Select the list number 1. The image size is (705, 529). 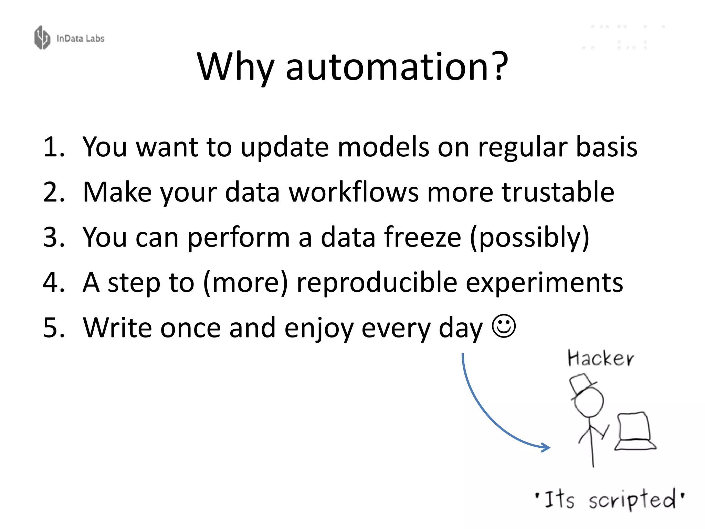pos(53,147)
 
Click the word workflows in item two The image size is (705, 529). pos(354,192)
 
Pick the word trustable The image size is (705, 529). pos(558,192)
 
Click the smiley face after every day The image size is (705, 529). pos(504,326)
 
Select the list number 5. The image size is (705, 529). pos(53,328)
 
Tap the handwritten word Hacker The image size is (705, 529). pos(600,358)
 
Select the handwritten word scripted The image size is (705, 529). pos(632,499)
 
